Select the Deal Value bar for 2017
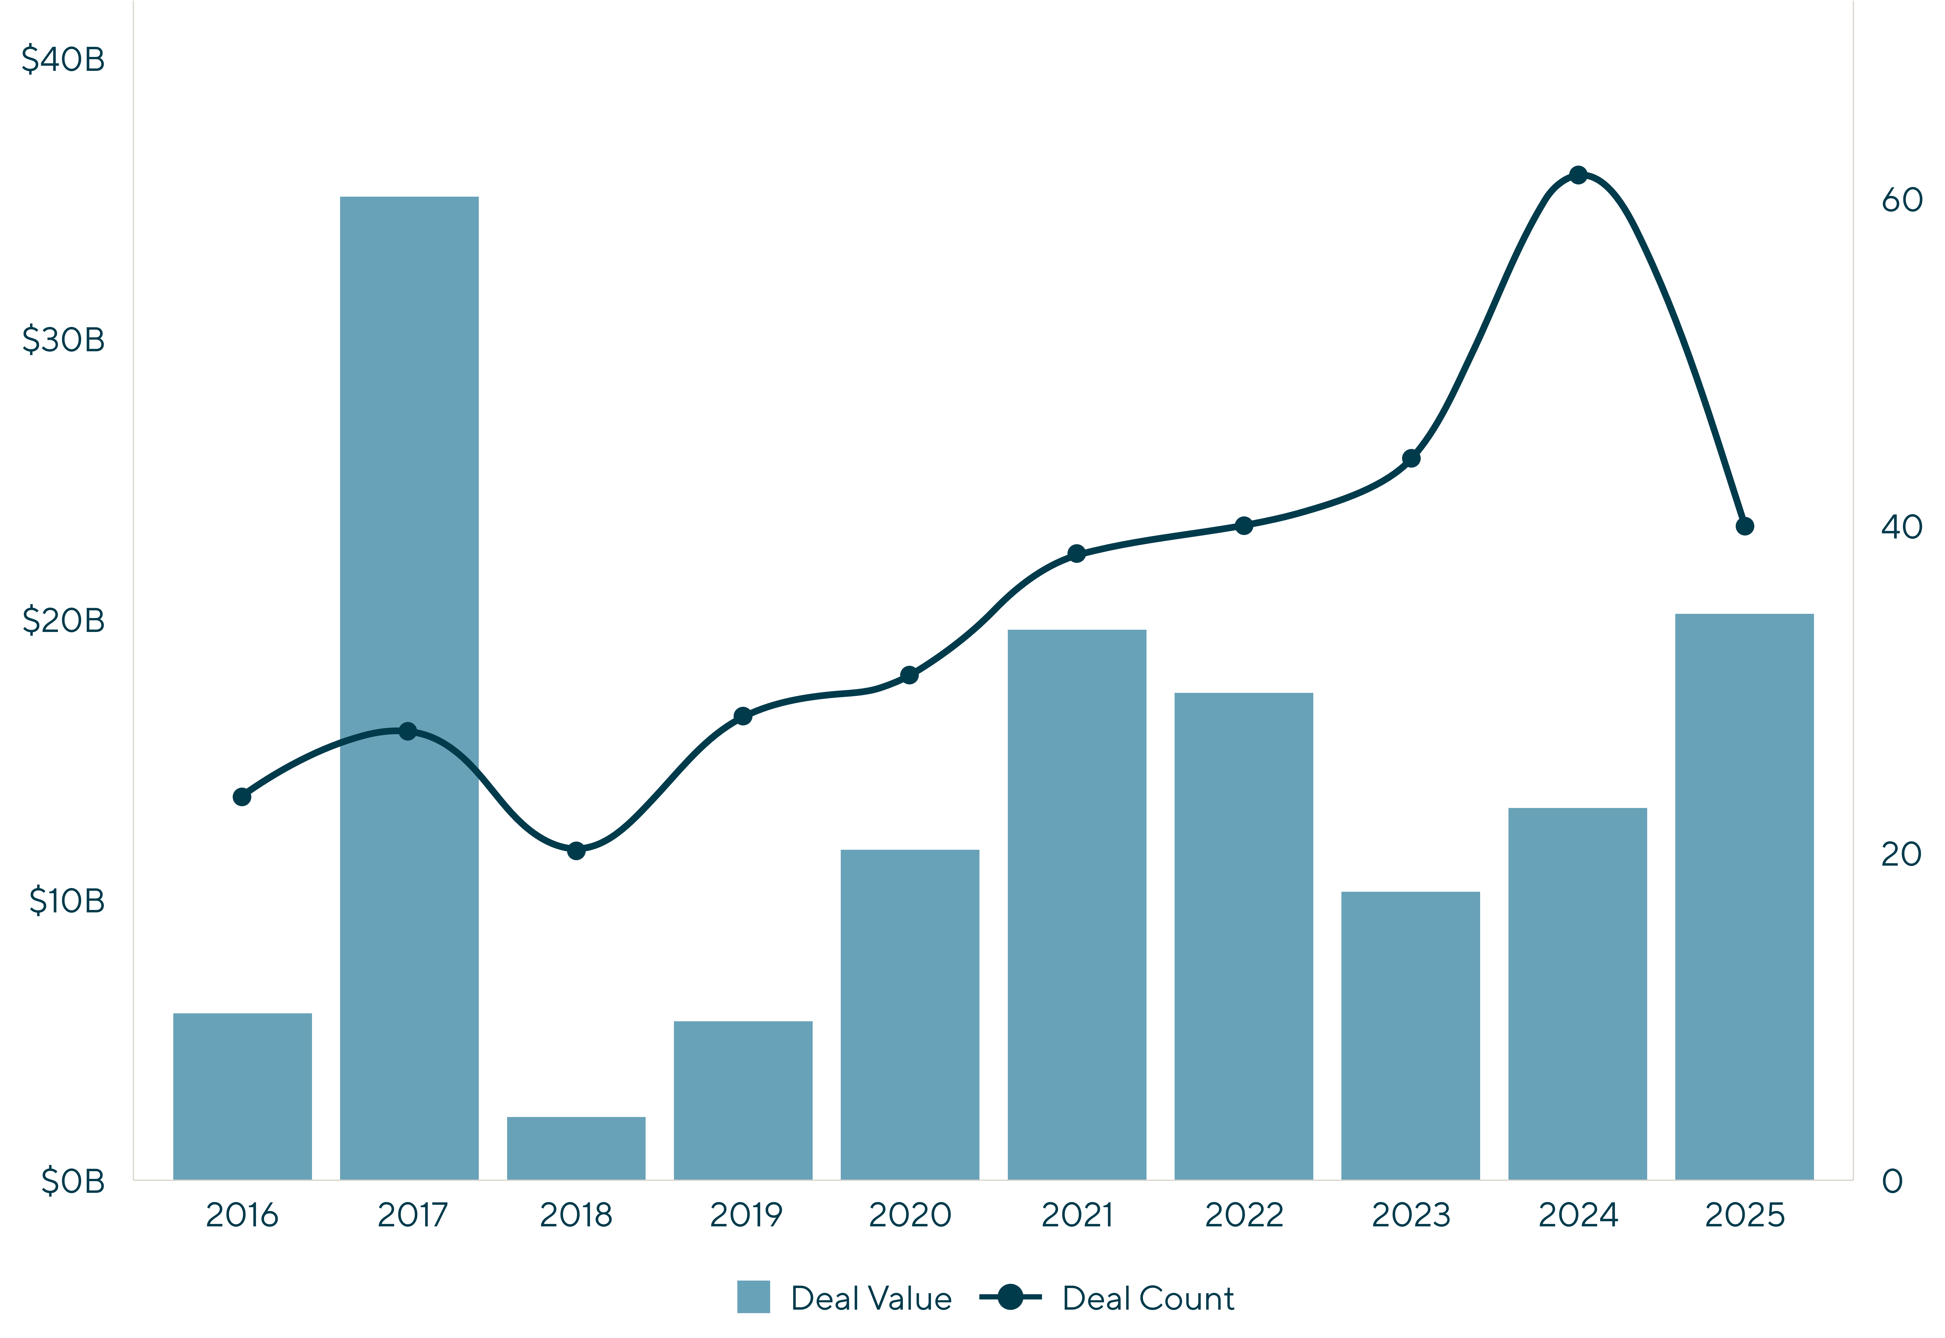(x=409, y=687)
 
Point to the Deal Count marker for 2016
(x=242, y=797)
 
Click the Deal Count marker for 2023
(x=1411, y=459)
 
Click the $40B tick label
(x=63, y=59)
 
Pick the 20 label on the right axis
(x=1901, y=853)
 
